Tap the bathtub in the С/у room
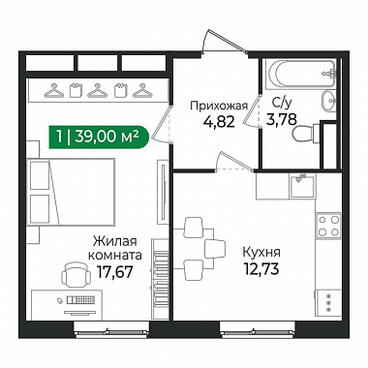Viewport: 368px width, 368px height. point(301,74)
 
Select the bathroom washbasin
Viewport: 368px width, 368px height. point(328,101)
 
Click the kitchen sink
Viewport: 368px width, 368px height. point(302,186)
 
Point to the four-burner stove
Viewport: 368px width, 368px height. point(328,226)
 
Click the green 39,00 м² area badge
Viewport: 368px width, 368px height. point(99,138)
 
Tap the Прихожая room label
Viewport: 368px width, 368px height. point(219,106)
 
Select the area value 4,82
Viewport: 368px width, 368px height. point(219,122)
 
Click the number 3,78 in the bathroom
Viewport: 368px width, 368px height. point(281,120)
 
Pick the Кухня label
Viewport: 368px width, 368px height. point(261,252)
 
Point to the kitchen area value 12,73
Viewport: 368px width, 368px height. point(261,268)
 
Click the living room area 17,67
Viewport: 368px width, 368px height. point(115,272)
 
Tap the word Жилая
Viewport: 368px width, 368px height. point(115,241)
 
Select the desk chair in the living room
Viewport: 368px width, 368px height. point(77,274)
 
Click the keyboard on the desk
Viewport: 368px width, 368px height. point(81,300)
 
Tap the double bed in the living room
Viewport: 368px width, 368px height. point(73,192)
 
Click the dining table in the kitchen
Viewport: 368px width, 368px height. point(194,249)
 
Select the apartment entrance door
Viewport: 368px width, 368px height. point(226,41)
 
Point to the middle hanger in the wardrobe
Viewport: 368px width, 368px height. point(98,91)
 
